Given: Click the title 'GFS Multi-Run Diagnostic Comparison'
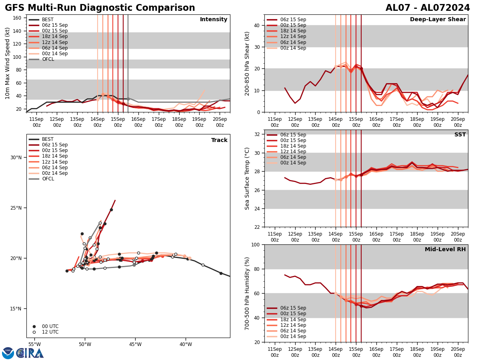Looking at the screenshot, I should pos(100,8).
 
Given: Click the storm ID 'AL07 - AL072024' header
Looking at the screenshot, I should pos(428,8).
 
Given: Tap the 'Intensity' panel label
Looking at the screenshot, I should pos(214,20).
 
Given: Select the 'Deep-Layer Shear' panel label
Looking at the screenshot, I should pos(438,20).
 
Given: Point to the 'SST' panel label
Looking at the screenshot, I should pos(460,135).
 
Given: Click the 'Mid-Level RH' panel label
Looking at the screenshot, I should pos(445,250).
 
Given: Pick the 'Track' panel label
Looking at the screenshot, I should pos(219,140).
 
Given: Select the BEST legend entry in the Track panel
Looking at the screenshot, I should pos(48,139).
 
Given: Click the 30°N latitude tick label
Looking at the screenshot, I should pos(16,157).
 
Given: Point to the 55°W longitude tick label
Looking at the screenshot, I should pos(34,344).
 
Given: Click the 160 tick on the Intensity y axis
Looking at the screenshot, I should pos(17,18).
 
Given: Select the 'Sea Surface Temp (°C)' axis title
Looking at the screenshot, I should pos(247,178).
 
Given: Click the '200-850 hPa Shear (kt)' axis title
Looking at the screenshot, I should pos(247,63).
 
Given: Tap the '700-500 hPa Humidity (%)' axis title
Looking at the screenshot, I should pos(247,293).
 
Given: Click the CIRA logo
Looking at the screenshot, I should pos(30,353).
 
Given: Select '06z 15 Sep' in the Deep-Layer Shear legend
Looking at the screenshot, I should pos(294,20).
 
